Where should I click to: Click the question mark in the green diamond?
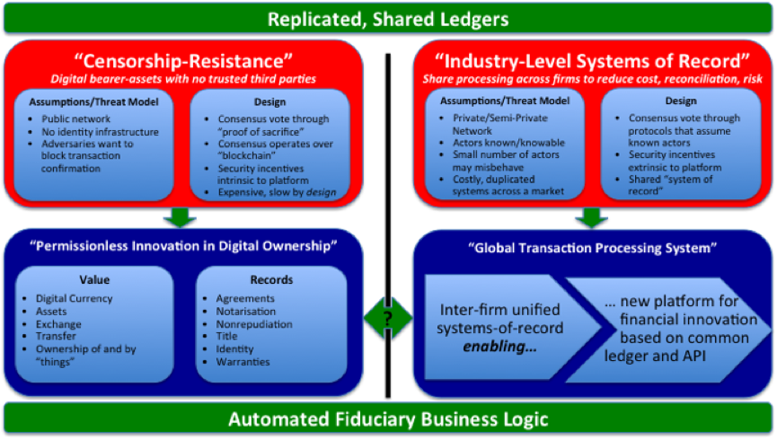(x=389, y=319)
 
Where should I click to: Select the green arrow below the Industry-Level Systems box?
(x=590, y=216)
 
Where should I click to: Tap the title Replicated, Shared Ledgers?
(x=388, y=18)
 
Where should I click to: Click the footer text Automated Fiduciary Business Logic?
(x=388, y=418)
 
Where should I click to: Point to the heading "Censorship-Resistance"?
(x=184, y=61)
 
